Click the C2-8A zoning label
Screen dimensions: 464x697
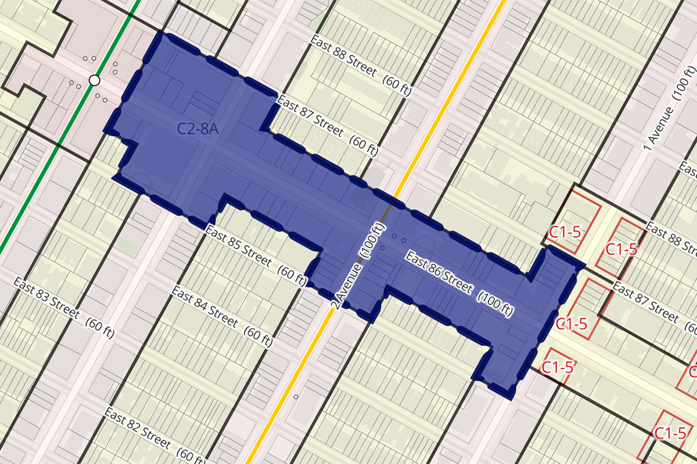[x=198, y=129]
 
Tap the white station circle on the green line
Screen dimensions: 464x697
[x=94, y=80]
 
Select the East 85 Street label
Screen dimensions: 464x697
[x=238, y=245]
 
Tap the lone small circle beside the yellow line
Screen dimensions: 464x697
[x=296, y=397]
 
